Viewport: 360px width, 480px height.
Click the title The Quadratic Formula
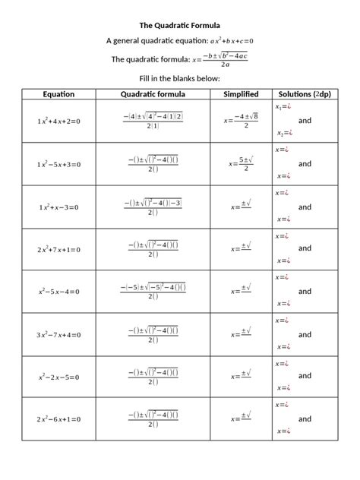180,25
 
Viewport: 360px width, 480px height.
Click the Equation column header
58,94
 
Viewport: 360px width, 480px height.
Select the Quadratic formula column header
153,94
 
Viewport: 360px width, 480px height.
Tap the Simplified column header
241,94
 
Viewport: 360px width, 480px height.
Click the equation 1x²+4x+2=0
58,122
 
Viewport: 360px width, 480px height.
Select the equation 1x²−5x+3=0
58,164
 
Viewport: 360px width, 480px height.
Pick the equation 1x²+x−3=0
58,207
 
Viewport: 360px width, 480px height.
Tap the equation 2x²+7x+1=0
58,249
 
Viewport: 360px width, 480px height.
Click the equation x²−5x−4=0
58,292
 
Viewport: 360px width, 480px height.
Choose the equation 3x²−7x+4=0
58,334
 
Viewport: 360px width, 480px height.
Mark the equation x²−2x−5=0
58,377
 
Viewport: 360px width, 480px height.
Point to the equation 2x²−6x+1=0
58,419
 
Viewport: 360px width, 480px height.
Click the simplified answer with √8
242,121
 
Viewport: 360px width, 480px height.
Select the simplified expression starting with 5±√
241,164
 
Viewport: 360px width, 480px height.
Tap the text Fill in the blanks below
180,78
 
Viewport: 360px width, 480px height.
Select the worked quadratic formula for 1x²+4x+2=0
153,121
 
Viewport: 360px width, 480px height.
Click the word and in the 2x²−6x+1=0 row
305,418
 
